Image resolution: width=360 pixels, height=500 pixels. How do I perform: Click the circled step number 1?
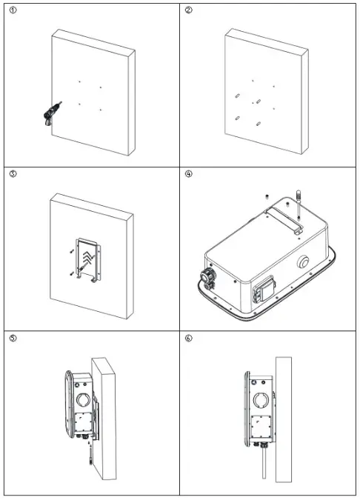tap(13, 10)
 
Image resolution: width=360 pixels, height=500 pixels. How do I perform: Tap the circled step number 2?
tap(189, 10)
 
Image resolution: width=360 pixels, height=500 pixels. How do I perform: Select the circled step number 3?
tap(13, 175)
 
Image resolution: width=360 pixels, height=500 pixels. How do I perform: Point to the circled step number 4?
tap(189, 175)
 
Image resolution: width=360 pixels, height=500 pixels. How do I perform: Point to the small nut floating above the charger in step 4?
tap(265, 195)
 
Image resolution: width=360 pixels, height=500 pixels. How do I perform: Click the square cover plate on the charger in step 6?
tap(261, 427)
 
